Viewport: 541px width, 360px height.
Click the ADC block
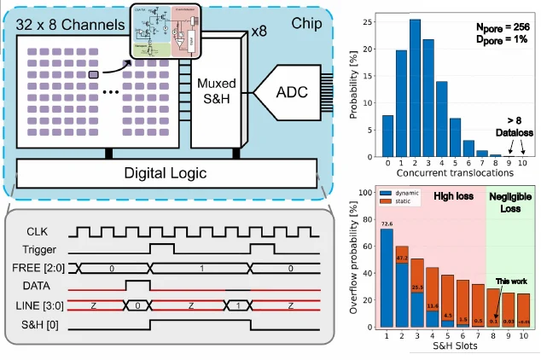tap(282, 90)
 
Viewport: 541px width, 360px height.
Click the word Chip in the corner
tap(304, 23)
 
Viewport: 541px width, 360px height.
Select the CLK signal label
tap(38, 231)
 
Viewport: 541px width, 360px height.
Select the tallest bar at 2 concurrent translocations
tap(416, 89)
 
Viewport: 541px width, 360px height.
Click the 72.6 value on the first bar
tap(387, 224)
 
